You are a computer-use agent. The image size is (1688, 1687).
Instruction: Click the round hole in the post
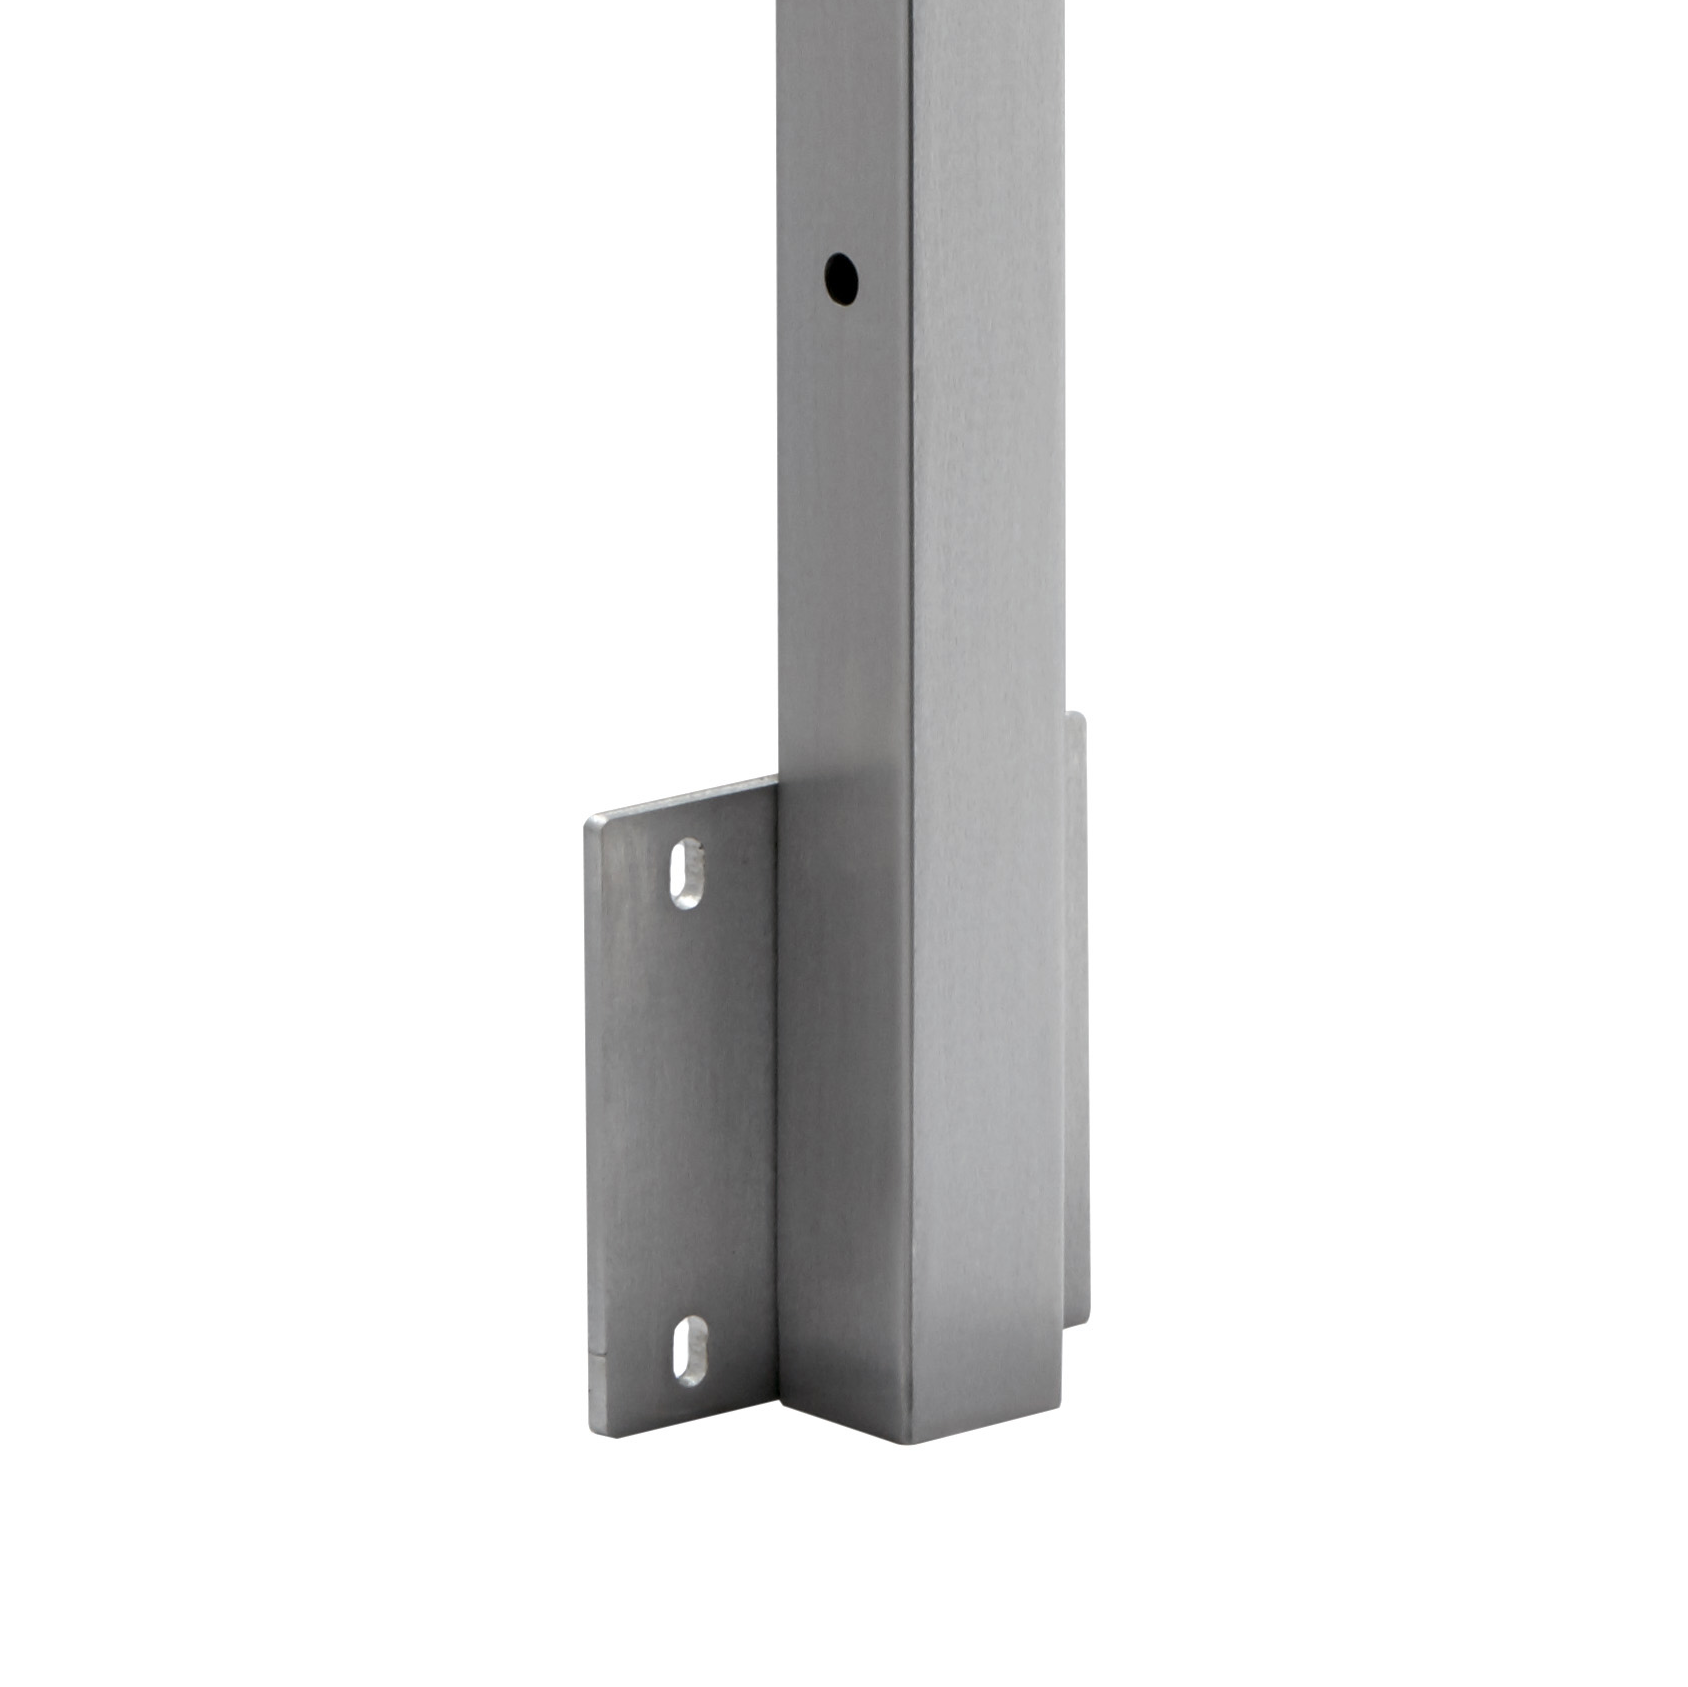[x=841, y=279]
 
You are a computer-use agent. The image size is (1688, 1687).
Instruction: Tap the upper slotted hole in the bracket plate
[x=686, y=873]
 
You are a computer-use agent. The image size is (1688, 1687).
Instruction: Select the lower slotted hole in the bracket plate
[x=690, y=1351]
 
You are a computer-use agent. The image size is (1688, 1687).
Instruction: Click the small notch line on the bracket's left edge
[x=593, y=1359]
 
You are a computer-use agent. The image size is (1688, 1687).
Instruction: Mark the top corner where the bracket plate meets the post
[x=778, y=779]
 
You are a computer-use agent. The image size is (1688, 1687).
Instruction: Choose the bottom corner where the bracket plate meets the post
[x=780, y=1413]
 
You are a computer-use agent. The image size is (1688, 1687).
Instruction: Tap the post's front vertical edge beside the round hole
[x=911, y=279]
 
